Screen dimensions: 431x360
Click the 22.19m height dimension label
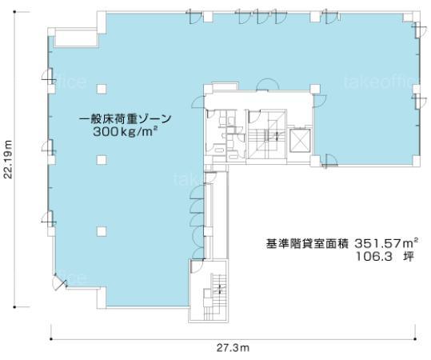click(9, 159)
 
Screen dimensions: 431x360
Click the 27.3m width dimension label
click(233, 348)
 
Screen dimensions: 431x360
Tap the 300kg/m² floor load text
click(125, 132)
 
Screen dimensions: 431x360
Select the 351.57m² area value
click(386, 243)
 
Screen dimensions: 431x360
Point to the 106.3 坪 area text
click(385, 257)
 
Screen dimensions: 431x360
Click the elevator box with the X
click(300, 140)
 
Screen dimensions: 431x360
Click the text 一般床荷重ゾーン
click(125, 119)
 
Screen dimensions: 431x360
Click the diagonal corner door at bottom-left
click(60, 281)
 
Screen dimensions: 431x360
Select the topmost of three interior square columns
click(102, 89)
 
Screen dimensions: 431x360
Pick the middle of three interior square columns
click(102, 160)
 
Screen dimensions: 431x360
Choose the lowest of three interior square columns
click(102, 231)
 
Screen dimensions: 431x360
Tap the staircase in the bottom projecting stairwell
click(214, 297)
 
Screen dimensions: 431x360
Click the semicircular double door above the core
click(266, 85)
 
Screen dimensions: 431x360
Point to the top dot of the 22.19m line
click(14, 12)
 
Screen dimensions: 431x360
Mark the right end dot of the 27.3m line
click(415, 339)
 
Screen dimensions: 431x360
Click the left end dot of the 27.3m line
click(51, 339)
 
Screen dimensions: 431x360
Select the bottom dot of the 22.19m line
click(14, 307)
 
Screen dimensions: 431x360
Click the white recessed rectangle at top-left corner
click(76, 38)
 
